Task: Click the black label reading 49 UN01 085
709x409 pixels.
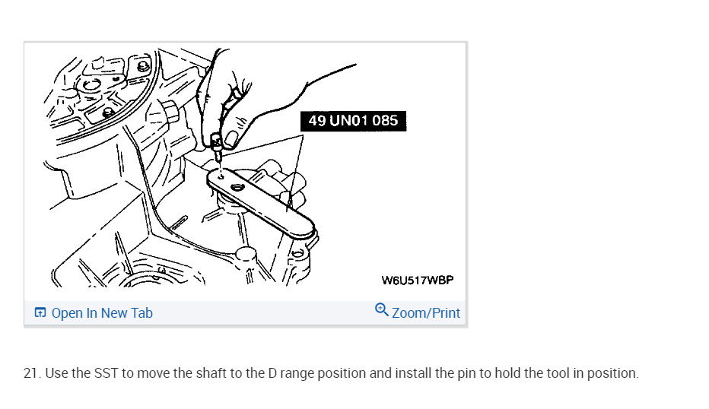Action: pos(353,120)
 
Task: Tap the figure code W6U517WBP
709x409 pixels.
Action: pos(417,280)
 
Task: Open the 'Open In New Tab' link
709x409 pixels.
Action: pos(102,313)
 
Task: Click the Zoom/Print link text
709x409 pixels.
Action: pos(426,313)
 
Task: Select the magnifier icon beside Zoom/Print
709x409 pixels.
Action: pos(382,310)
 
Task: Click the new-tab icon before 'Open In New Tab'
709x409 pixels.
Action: pos(40,313)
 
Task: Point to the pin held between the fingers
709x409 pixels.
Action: pos(216,144)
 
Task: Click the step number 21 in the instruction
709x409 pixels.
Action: pos(31,374)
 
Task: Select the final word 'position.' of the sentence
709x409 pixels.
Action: pos(613,374)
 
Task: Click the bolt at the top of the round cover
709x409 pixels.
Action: pos(142,66)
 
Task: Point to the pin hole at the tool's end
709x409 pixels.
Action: pos(220,176)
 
